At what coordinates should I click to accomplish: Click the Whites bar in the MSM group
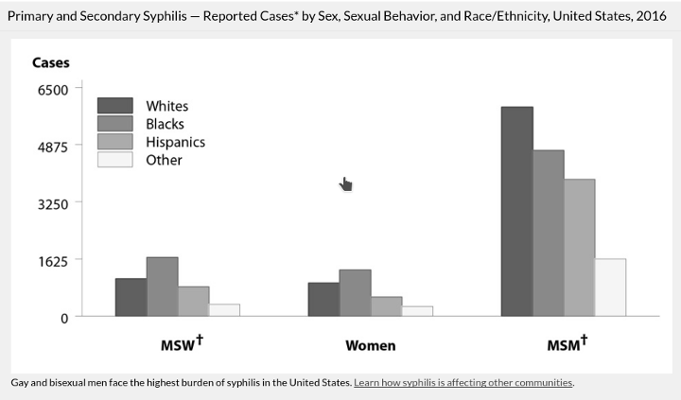517,212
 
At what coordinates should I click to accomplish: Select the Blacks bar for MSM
549,234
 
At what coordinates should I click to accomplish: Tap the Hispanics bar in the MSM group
580,248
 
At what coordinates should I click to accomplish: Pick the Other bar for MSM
611,287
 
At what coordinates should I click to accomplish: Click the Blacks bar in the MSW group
162,287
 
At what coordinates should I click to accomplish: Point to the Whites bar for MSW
131,297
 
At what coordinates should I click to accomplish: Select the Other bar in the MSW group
224,310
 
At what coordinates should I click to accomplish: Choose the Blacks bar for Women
356,293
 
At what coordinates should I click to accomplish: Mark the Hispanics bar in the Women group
387,306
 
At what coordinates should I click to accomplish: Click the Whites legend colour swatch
116,106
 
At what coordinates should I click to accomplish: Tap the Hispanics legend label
175,142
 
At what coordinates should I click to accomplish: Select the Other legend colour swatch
116,160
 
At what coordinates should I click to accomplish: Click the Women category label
370,345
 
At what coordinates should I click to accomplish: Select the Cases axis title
50,63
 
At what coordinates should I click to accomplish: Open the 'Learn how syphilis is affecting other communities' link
463,383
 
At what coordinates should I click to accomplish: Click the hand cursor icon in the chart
346,183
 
